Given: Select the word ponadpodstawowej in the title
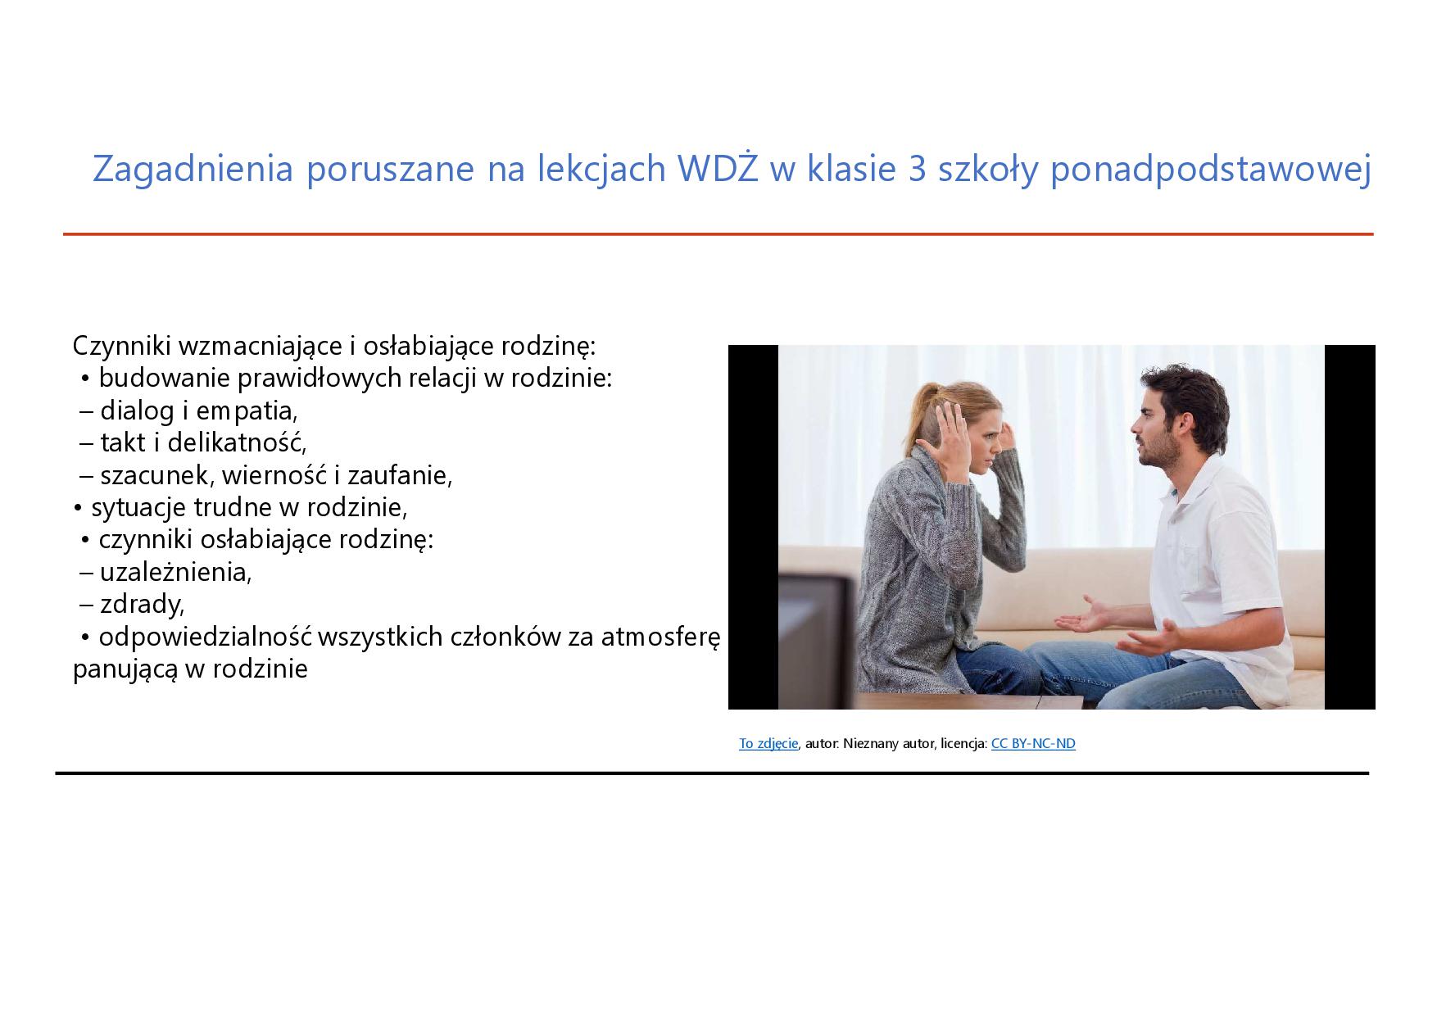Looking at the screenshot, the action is pos(1210,170).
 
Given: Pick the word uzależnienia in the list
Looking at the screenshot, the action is pos(175,571).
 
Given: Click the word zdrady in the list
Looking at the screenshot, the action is pos(142,604).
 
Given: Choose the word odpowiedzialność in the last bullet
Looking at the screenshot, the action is pos(205,637).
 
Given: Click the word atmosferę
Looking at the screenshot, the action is pos(660,637).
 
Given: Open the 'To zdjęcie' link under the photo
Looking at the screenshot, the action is pos(768,743).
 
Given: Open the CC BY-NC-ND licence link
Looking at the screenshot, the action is pos(1033,743).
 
